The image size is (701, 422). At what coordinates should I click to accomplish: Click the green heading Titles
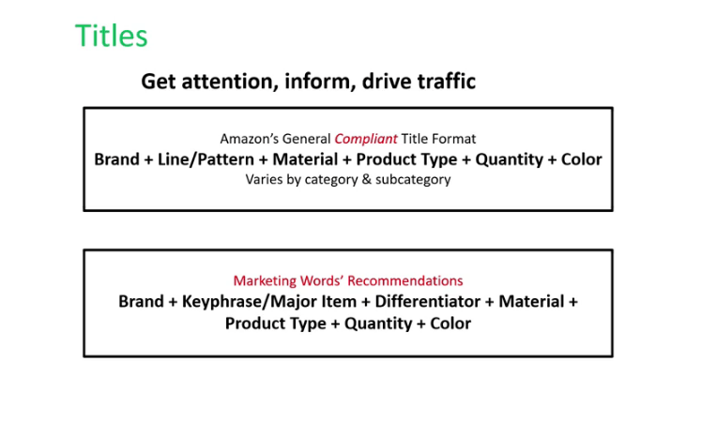coord(112,36)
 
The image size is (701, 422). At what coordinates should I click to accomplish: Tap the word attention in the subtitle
coord(230,82)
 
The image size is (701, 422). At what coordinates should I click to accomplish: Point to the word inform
coord(320,82)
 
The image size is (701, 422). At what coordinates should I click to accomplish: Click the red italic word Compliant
coord(366,139)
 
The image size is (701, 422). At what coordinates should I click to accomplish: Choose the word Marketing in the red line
coord(265,281)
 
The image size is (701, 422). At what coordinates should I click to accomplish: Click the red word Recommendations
coord(405,280)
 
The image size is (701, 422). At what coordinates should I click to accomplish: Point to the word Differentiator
coord(425,301)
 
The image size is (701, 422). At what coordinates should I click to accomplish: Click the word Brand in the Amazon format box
coord(116,159)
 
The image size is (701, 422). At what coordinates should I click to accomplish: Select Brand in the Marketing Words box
coord(142,301)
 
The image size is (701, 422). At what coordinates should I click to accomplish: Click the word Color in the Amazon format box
coord(582,159)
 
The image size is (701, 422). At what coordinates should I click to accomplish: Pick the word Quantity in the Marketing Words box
coord(378,324)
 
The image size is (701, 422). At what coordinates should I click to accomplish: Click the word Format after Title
coord(453,139)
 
